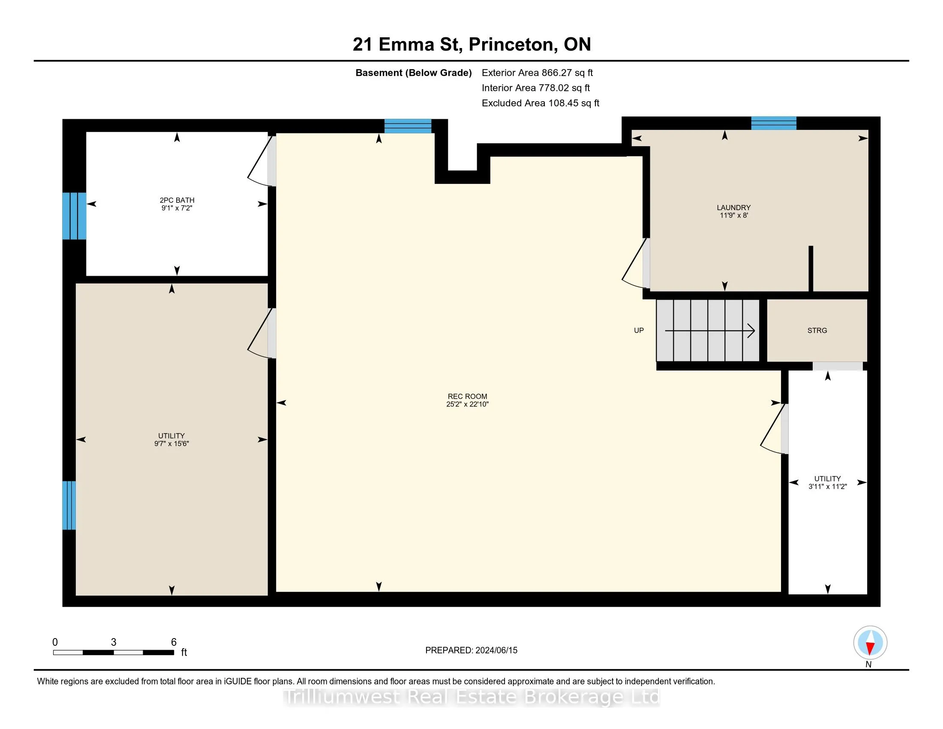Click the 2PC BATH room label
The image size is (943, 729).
point(177,200)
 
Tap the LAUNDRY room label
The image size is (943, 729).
point(733,207)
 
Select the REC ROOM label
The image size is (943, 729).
point(467,397)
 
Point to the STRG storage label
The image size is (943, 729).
point(817,330)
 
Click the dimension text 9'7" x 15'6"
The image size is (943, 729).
point(171,443)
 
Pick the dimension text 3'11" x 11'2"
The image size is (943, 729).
point(827,486)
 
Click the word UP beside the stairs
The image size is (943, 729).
point(639,330)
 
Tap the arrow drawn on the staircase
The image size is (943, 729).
point(710,331)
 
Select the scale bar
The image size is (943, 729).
point(114,652)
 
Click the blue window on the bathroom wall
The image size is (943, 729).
point(74,216)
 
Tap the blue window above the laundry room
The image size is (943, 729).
point(774,123)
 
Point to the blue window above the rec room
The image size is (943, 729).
point(408,126)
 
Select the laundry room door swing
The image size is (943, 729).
point(636,263)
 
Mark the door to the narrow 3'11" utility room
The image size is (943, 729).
point(774,429)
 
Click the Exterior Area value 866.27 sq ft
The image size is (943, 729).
point(568,73)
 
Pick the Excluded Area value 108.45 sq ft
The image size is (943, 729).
point(574,103)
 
